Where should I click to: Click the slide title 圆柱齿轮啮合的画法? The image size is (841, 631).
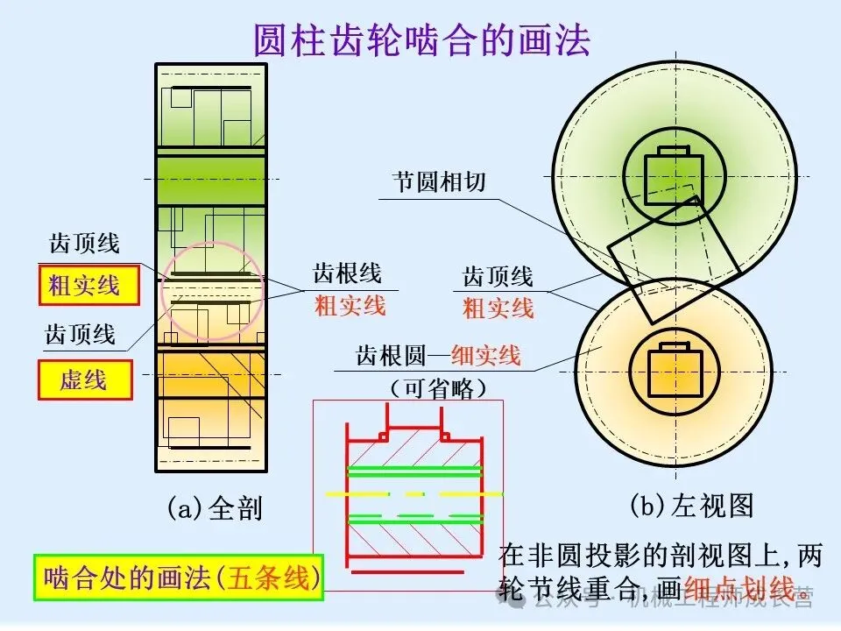click(421, 39)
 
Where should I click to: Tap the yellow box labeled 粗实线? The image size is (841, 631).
click(88, 285)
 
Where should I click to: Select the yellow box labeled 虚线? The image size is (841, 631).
click(84, 380)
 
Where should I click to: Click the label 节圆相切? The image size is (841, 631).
click(438, 182)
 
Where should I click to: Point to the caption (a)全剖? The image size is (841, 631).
click(215, 508)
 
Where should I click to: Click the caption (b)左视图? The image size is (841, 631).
click(691, 506)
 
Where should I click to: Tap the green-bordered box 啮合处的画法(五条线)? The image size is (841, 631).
click(179, 578)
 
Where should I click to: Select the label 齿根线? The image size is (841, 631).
click(348, 274)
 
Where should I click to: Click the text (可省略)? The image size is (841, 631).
click(438, 387)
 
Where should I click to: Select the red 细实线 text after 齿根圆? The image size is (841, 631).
click(485, 356)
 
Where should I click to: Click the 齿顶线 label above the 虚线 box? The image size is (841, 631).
click(81, 335)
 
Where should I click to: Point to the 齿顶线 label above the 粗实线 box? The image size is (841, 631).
click(84, 243)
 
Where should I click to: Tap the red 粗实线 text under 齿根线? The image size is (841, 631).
click(350, 306)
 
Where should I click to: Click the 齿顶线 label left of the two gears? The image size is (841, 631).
click(498, 278)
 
